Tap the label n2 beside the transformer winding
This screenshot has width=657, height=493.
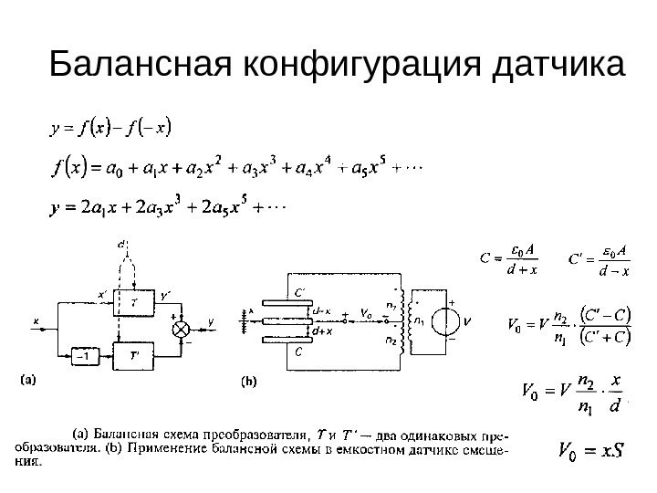(391, 341)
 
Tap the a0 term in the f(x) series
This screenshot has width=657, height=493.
(112, 168)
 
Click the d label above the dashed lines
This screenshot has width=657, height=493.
(123, 243)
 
